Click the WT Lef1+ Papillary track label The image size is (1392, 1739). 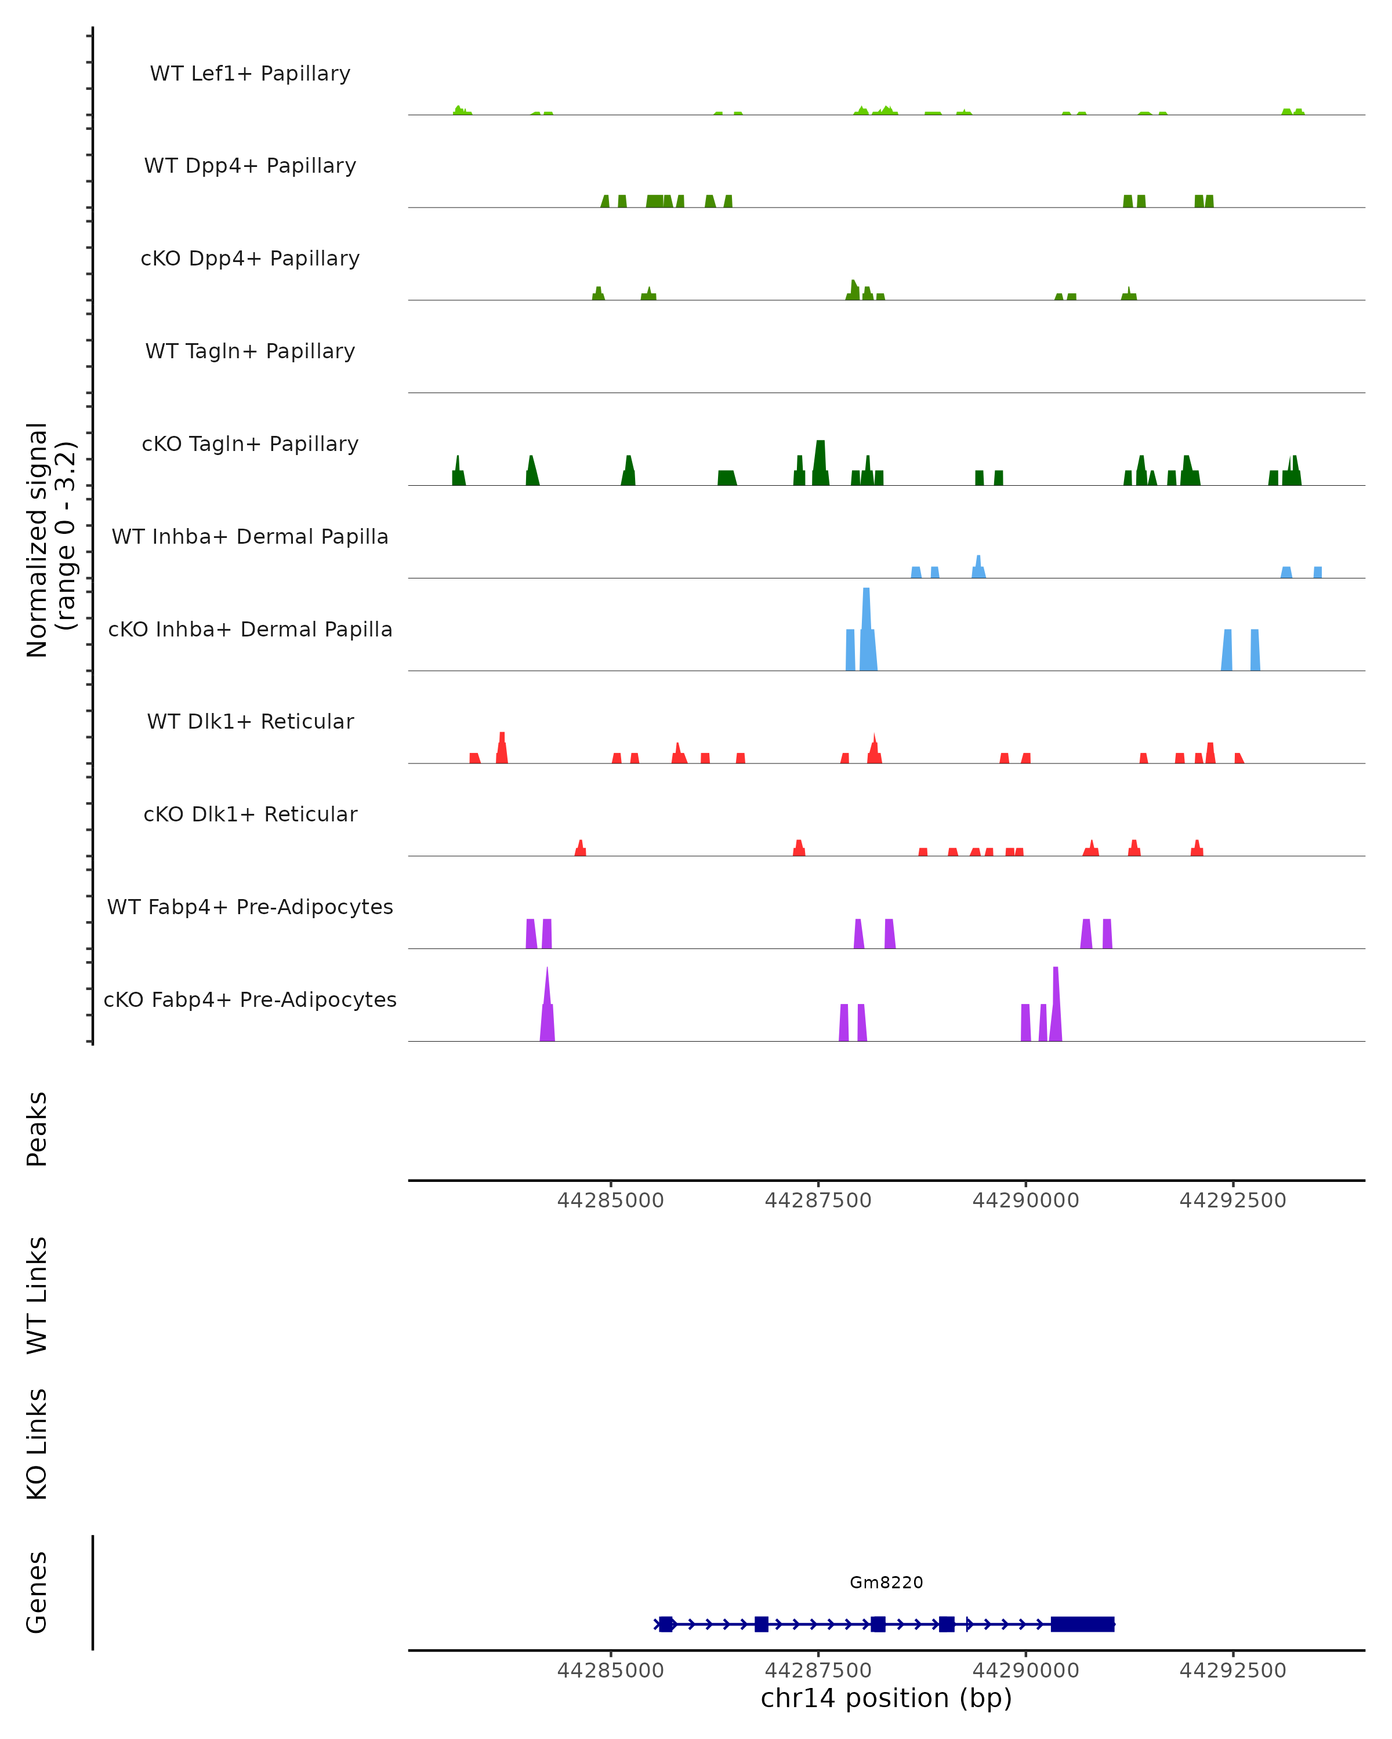[x=250, y=74]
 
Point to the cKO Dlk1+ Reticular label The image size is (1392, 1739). [x=250, y=814]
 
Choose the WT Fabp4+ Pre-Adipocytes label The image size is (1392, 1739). [x=250, y=907]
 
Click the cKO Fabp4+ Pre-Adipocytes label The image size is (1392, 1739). [x=250, y=999]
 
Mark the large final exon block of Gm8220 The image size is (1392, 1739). [x=1082, y=1624]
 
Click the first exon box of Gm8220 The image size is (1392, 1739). [x=666, y=1624]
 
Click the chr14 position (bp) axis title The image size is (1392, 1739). [x=886, y=1698]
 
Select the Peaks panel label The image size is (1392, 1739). [x=37, y=1129]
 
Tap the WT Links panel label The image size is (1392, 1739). [x=37, y=1294]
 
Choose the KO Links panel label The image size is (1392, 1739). [x=37, y=1444]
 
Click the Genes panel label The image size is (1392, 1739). [x=37, y=1592]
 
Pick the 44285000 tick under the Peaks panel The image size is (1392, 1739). [x=610, y=1200]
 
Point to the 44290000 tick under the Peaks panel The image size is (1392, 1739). [x=1025, y=1200]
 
